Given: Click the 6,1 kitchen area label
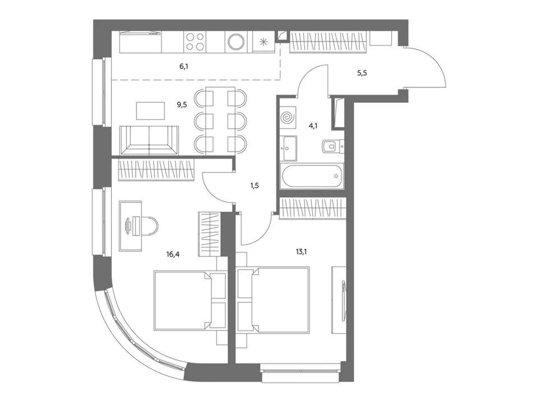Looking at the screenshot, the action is [x=184, y=66].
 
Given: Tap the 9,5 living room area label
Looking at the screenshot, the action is [x=182, y=105].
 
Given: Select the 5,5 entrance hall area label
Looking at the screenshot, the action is [x=362, y=73].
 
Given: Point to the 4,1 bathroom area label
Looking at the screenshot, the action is [x=313, y=126].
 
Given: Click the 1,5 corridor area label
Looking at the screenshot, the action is [x=254, y=186].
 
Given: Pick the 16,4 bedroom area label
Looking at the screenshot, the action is [x=173, y=254].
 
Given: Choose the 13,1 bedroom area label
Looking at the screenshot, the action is [x=302, y=252].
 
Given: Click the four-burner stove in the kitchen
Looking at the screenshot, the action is [x=194, y=42].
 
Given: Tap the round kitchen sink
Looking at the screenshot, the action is [x=236, y=42].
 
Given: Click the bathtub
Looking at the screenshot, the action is [x=312, y=176].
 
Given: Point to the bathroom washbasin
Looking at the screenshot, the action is [x=288, y=148].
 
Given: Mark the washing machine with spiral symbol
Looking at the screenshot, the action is [x=288, y=117].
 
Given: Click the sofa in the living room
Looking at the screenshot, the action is [x=149, y=140].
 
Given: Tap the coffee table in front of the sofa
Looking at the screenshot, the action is [x=150, y=111].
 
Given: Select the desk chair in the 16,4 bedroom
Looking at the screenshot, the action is [x=150, y=226].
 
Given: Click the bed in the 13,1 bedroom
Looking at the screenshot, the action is [x=273, y=300].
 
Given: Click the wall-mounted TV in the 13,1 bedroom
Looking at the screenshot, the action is [x=343, y=301].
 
